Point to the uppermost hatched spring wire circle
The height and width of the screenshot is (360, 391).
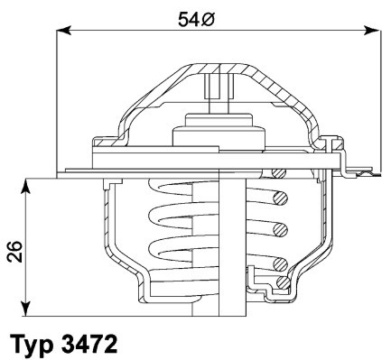(281, 198)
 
